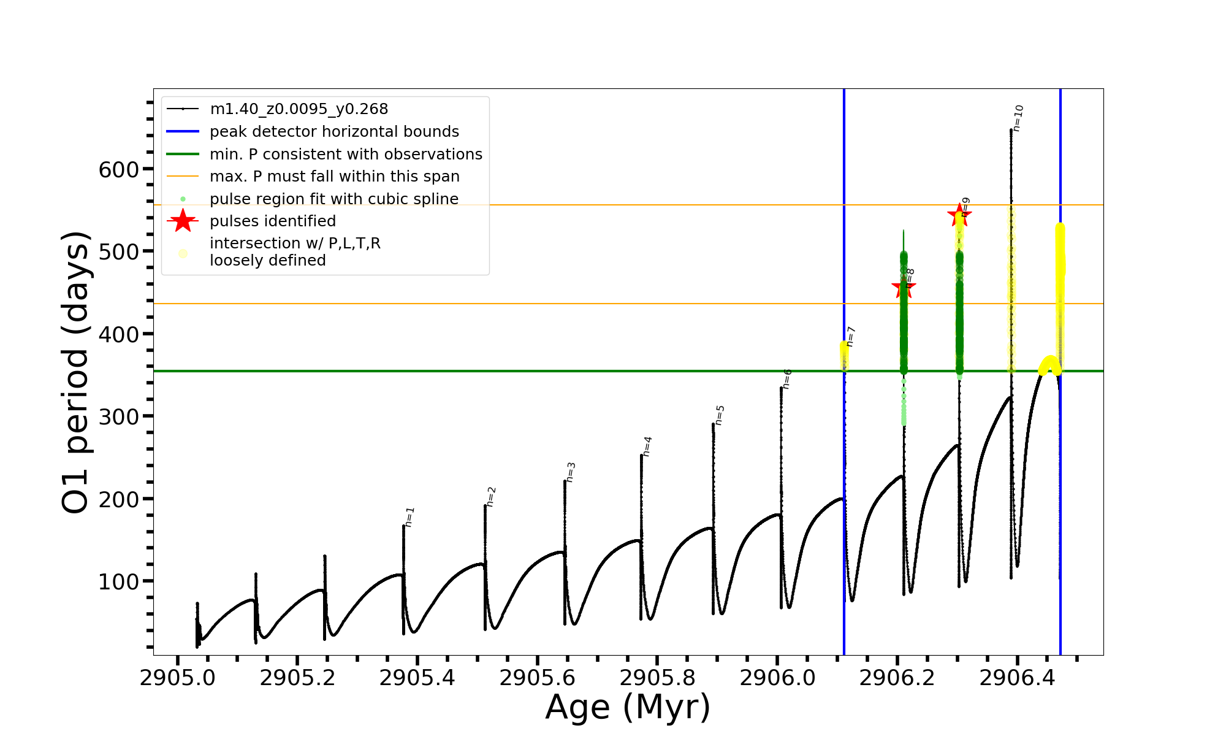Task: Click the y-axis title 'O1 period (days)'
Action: (x=77, y=372)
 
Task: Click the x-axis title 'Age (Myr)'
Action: (x=628, y=707)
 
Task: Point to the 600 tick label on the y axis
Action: (x=119, y=170)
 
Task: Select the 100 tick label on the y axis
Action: (x=119, y=582)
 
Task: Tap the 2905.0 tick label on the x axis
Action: (x=178, y=678)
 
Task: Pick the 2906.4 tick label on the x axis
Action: (x=1018, y=678)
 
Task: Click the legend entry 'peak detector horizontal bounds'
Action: (x=334, y=132)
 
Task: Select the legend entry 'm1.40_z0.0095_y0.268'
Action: (x=299, y=109)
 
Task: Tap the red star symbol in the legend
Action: (x=183, y=221)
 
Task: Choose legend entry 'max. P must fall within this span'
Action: (x=334, y=177)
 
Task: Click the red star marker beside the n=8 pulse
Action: (x=904, y=286)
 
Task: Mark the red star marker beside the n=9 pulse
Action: (x=959, y=215)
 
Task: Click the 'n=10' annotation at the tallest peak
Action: (x=1018, y=118)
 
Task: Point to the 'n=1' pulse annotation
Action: (x=410, y=516)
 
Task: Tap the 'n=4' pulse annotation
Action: (x=648, y=447)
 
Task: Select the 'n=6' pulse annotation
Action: (x=788, y=378)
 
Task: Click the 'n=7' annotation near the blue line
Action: (x=851, y=336)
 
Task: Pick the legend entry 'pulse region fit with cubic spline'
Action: (x=333, y=199)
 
